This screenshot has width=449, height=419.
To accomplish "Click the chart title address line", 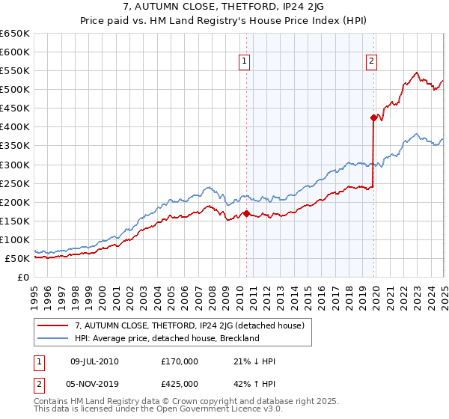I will [x=224, y=7].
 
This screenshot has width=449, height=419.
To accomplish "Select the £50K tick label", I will [x=17, y=259].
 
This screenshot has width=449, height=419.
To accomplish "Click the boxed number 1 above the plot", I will [x=245, y=62].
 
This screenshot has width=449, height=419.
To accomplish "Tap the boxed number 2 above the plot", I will [x=372, y=62].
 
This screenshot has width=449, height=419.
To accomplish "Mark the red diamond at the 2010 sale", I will [x=246, y=213].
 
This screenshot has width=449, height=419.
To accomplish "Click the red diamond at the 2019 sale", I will [x=373, y=117].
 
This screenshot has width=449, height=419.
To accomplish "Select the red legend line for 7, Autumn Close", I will [x=54, y=325].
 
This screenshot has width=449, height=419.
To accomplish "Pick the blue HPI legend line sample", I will [x=54, y=338].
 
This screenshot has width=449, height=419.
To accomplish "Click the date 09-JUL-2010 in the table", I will [x=94, y=361].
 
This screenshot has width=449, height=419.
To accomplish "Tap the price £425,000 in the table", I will [x=180, y=384].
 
